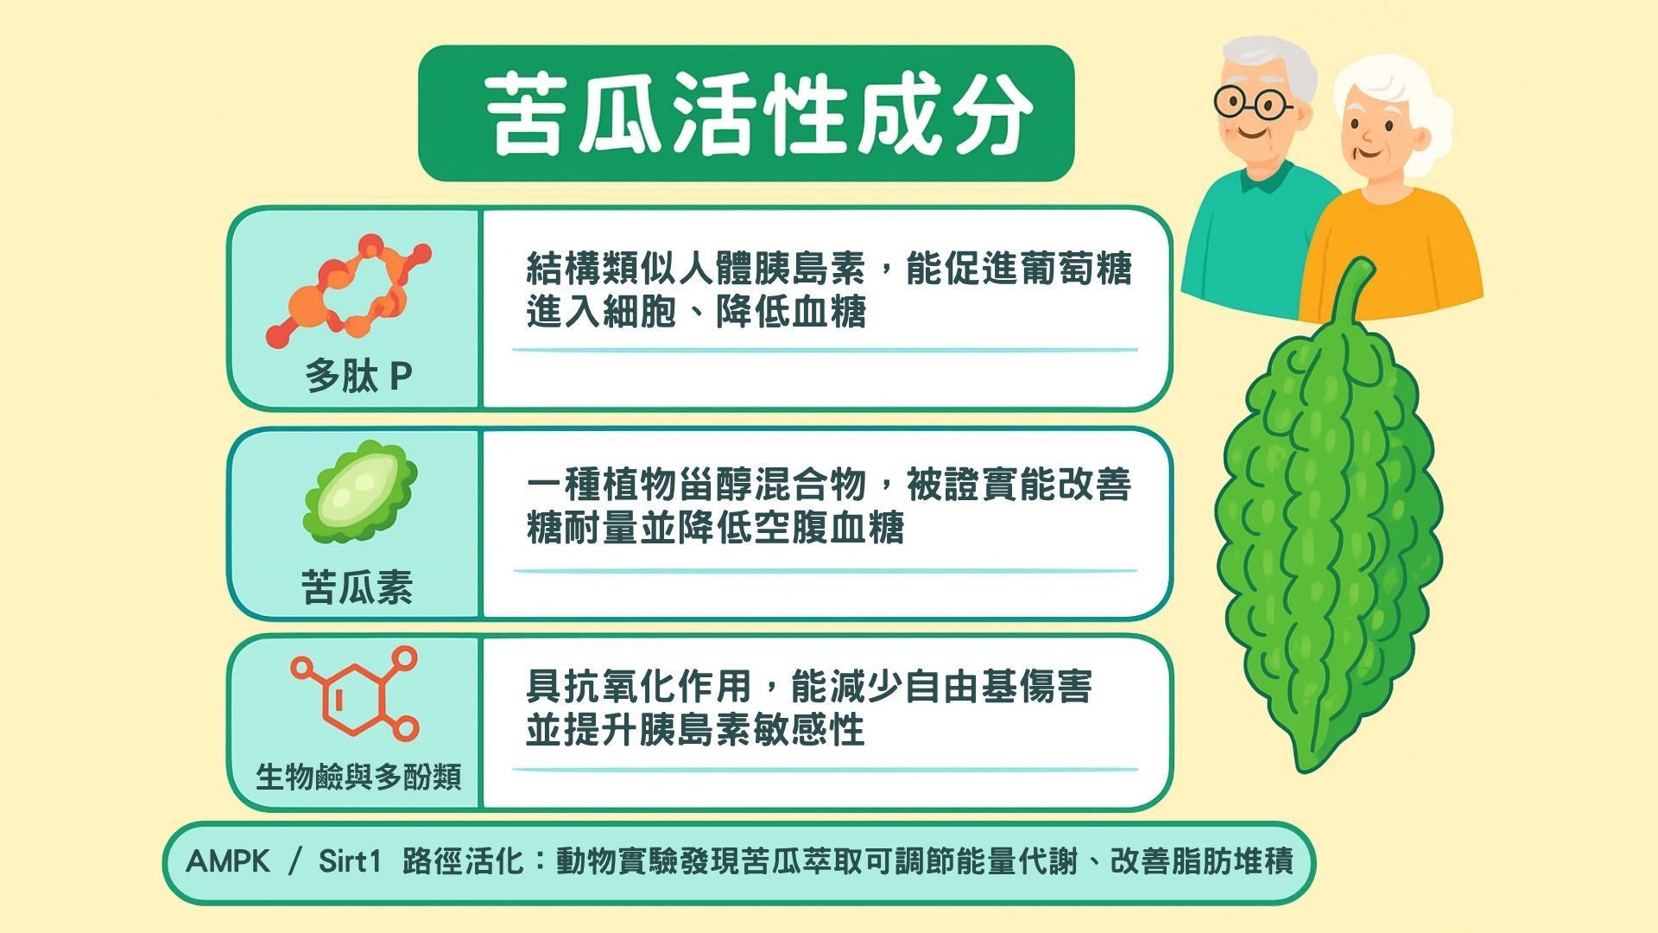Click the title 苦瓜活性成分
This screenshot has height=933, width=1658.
(758, 113)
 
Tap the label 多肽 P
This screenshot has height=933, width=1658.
(358, 377)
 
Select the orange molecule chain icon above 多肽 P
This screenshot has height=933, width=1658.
(349, 289)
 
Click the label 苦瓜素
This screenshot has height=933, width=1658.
(357, 587)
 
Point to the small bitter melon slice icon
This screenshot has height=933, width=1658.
(360, 492)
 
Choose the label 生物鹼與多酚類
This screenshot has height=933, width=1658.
(358, 777)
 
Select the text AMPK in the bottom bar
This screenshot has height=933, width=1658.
(228, 861)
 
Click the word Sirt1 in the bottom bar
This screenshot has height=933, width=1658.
(349, 861)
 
